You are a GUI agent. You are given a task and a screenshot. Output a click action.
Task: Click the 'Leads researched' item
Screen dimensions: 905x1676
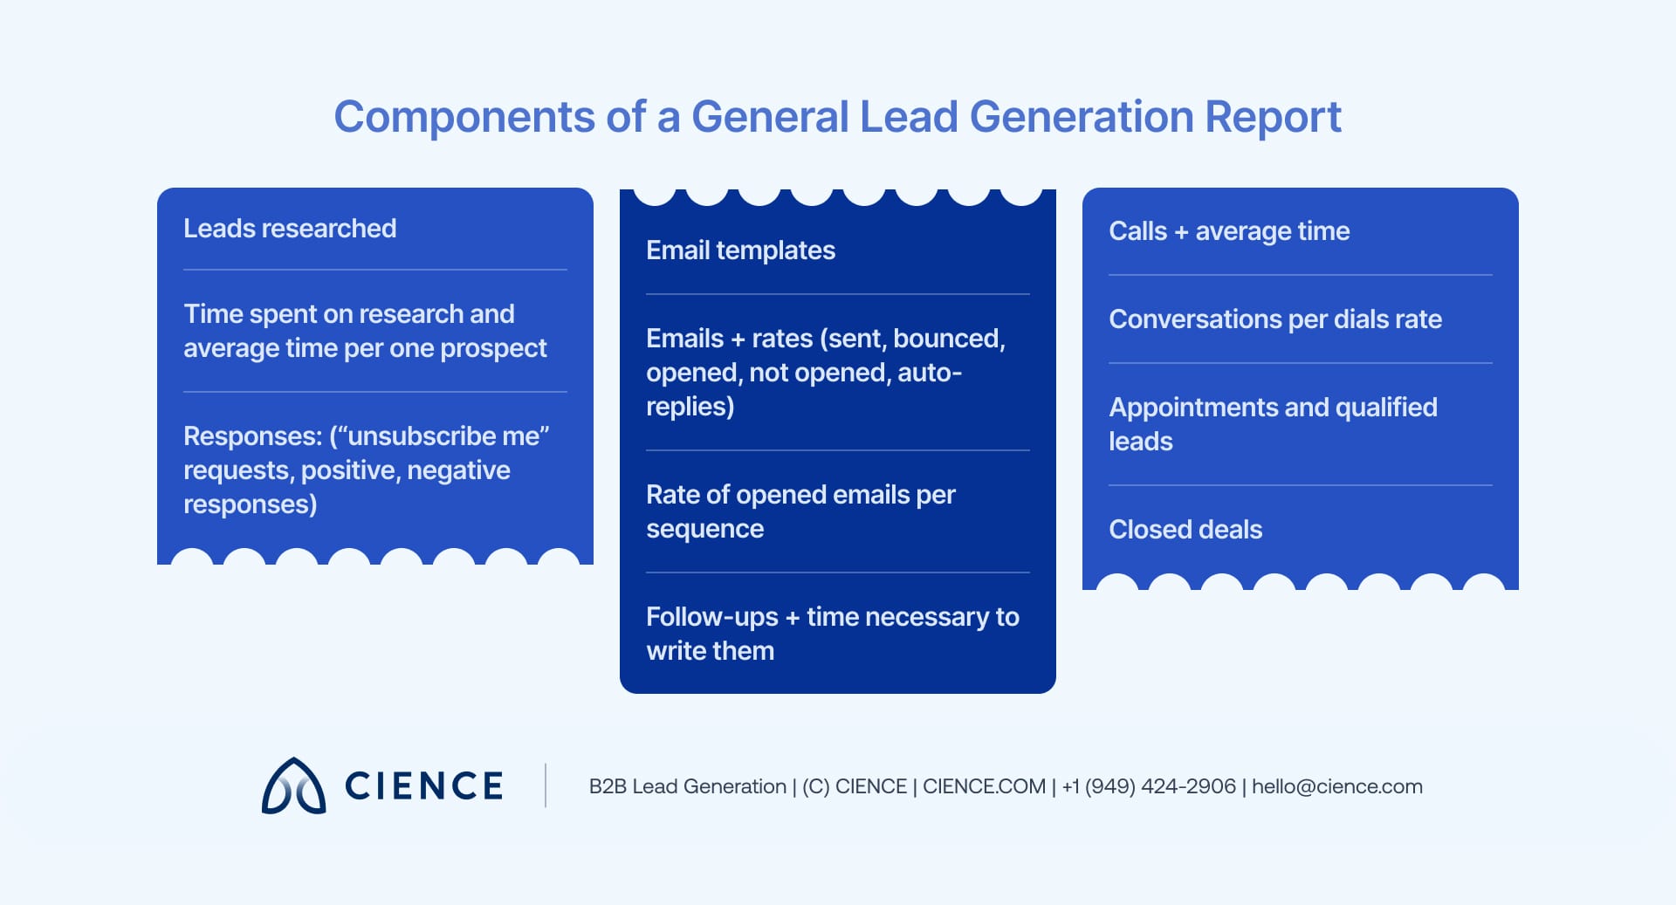tap(290, 229)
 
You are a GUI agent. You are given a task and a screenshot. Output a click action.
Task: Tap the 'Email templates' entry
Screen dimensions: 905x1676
tap(740, 250)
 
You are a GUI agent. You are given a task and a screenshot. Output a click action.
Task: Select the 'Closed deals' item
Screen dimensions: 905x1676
tap(1185, 530)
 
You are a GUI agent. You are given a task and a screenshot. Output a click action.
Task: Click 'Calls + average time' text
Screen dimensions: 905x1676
tap(1228, 231)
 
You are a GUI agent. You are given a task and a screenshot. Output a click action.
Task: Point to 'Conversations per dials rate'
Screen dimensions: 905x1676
tap(1274, 319)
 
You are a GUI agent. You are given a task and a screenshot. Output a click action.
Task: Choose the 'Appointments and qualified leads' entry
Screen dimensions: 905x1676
tap(1272, 424)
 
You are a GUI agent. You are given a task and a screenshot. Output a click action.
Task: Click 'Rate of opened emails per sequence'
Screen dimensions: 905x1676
tap(800, 511)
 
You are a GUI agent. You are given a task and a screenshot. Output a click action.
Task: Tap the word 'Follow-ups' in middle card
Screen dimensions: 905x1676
tap(711, 617)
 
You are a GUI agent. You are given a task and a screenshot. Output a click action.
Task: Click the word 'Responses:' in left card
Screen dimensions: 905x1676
tap(252, 436)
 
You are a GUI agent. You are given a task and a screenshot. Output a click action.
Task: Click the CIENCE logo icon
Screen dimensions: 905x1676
tap(293, 786)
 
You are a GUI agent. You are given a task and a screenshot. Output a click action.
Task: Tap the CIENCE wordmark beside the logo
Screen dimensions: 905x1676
tap(424, 786)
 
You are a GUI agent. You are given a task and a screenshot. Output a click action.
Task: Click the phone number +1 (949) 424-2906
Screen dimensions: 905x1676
tap(1148, 786)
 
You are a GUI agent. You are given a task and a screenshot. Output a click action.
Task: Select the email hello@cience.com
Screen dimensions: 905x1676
tap(1336, 786)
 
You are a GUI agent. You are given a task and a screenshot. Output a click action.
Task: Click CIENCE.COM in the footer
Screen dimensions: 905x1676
tap(984, 786)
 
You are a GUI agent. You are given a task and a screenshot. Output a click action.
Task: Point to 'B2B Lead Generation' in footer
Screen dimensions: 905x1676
tap(687, 786)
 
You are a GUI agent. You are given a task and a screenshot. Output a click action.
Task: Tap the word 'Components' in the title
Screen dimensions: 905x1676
tap(464, 117)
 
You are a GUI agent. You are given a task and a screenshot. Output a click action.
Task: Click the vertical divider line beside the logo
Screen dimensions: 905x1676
tap(546, 785)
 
